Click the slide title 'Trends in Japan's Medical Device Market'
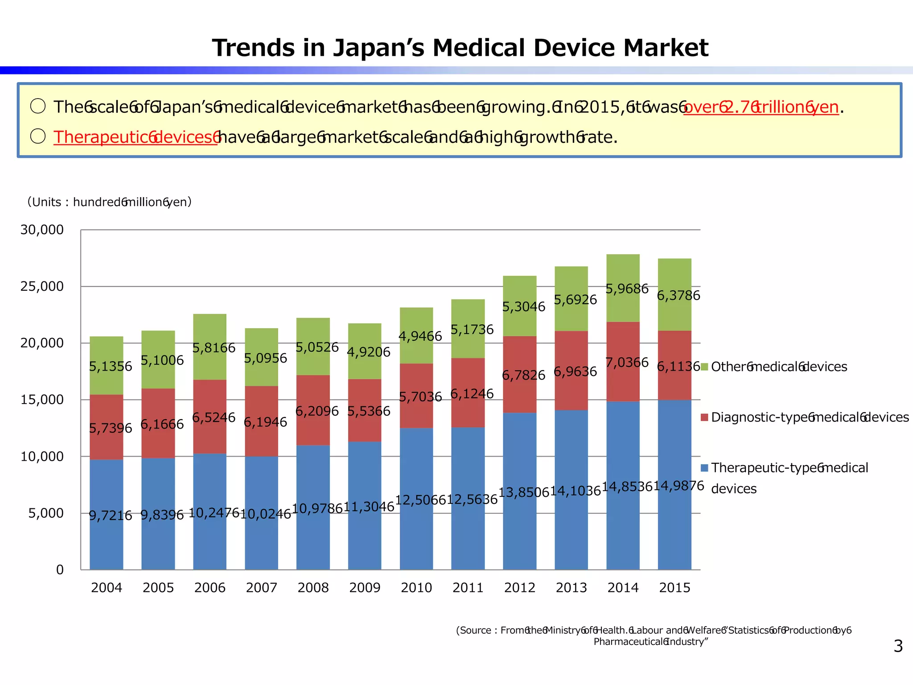pyautogui.click(x=460, y=48)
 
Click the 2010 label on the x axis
pyautogui.click(x=416, y=588)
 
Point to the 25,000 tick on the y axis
pyautogui.click(x=42, y=286)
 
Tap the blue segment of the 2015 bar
pyautogui.click(x=674, y=526)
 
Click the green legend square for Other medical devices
pyautogui.click(x=704, y=367)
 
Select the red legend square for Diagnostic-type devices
pyautogui.click(x=704, y=417)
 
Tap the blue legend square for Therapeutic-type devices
pyautogui.click(x=704, y=468)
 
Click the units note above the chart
pyautogui.click(x=109, y=202)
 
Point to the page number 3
pyautogui.click(x=898, y=646)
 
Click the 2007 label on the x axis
pyautogui.click(x=261, y=588)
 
